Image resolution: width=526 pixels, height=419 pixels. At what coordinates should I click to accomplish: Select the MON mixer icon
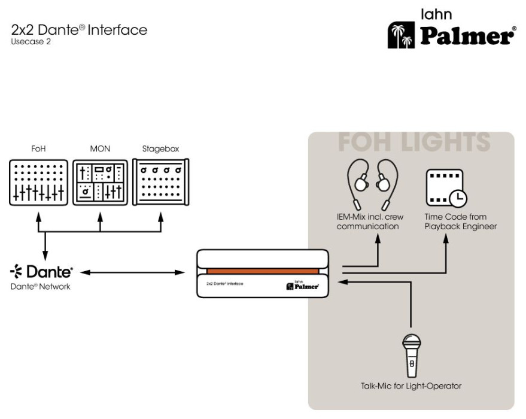click(x=100, y=183)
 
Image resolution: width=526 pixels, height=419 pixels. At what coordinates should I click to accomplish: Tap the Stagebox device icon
click(x=161, y=182)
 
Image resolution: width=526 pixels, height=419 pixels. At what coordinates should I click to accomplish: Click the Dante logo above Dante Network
click(x=42, y=272)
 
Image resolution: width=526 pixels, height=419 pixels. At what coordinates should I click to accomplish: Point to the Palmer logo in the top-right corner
click(x=452, y=33)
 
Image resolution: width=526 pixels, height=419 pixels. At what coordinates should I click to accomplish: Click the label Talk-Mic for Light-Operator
click(x=411, y=386)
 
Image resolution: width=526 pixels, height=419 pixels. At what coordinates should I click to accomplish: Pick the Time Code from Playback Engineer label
click(x=460, y=221)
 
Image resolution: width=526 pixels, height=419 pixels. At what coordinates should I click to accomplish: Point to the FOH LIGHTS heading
click(x=414, y=142)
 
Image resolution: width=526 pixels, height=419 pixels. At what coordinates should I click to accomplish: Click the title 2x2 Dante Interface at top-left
click(x=79, y=30)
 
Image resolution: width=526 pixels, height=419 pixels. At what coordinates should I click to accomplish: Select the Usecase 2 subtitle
click(x=31, y=42)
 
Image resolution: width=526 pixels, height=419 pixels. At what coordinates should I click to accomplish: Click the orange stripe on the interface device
click(x=263, y=272)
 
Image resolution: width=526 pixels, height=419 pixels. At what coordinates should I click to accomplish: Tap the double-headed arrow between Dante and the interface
click(x=133, y=273)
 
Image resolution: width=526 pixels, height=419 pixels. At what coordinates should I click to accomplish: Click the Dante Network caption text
click(x=41, y=287)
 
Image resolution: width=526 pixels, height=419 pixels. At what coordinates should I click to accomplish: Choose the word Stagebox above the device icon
click(x=160, y=149)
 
